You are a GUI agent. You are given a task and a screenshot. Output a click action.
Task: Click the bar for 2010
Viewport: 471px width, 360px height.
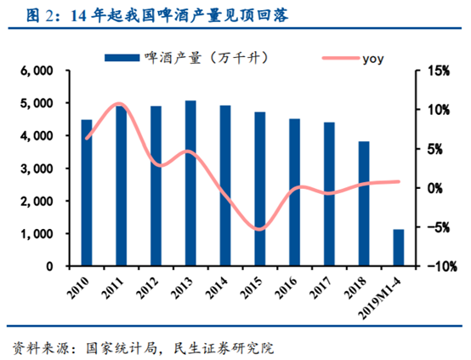[x=86, y=192]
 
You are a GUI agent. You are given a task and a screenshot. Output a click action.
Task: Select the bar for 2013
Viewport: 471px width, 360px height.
[x=190, y=183]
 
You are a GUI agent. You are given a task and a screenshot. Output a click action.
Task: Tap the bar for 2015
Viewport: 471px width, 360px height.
[x=260, y=189]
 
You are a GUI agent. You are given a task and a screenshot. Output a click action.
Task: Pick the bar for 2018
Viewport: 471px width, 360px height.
[x=364, y=203]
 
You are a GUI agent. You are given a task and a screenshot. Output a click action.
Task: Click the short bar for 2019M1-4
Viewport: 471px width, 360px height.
[x=398, y=248]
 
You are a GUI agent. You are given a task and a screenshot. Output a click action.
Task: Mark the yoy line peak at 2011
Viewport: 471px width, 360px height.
[x=120, y=105]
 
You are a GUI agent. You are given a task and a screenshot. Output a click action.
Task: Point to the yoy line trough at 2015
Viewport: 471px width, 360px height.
[x=260, y=229]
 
